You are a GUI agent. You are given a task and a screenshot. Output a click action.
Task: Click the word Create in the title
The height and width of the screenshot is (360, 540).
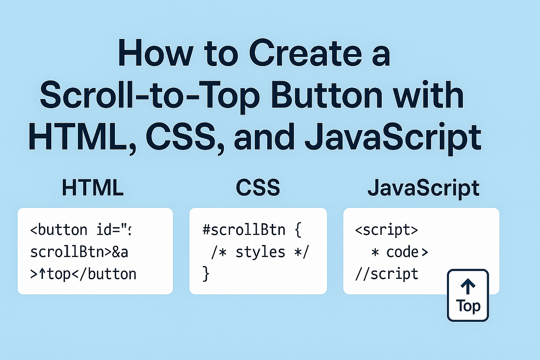coord(305,53)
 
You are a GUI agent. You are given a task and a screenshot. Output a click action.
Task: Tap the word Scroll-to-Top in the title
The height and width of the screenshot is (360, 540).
coord(150,95)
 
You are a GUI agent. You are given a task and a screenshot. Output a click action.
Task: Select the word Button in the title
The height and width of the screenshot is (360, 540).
coord(326,95)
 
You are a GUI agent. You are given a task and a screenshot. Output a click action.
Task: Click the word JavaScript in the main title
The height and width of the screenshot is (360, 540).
coord(393,138)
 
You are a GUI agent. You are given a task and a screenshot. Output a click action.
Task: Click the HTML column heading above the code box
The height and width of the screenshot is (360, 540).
coord(93,188)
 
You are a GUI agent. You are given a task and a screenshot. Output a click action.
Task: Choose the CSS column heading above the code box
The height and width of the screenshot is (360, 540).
coord(258,188)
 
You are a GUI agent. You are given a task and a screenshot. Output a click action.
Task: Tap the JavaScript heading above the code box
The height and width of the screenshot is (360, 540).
coord(423,188)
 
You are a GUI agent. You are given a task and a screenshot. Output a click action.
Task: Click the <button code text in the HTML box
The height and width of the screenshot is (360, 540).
coord(59,230)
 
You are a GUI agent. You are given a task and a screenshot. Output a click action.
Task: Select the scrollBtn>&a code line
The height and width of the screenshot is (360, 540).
coord(79,252)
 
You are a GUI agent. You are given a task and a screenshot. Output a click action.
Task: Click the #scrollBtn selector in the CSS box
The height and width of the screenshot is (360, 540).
coord(244,230)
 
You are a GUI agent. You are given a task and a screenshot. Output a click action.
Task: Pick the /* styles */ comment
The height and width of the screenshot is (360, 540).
coord(260,252)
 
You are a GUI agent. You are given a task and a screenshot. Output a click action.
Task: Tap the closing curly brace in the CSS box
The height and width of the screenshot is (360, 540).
coord(206,274)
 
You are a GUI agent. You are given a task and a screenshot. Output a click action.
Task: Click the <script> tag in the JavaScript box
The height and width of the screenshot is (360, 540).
coord(386,230)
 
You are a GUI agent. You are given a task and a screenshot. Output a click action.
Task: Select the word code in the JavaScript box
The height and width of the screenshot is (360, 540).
coord(402,252)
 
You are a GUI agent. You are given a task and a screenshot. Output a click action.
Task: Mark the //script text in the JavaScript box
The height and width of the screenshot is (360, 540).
coord(387,274)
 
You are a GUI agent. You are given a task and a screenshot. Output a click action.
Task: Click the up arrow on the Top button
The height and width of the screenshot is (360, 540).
coord(468,286)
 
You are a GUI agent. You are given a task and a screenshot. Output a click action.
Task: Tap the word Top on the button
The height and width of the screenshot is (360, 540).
coord(468,306)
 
